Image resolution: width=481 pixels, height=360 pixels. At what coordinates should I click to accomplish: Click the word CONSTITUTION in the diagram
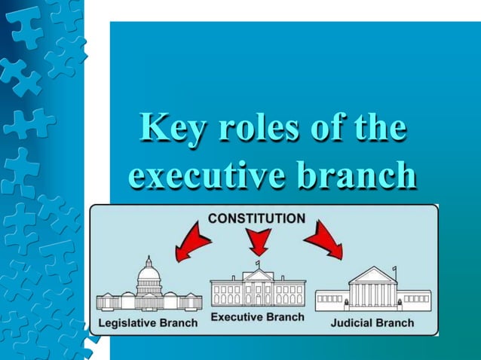[x=256, y=219]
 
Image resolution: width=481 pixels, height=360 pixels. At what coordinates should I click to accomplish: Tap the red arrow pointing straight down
[x=259, y=242]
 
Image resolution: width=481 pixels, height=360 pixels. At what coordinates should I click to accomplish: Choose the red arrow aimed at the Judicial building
[x=324, y=239]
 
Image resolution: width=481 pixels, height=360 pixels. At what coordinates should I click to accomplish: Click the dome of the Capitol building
[x=149, y=273]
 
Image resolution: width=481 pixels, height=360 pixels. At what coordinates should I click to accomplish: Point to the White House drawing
[x=258, y=287]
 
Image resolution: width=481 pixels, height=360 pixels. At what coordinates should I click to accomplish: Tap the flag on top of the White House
[x=258, y=264]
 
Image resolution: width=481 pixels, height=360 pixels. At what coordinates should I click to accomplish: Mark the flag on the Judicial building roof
[x=394, y=270]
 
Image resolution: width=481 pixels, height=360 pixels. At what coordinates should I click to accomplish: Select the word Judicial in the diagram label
[x=352, y=323]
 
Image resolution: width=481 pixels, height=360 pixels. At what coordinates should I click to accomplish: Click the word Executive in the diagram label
[x=238, y=317]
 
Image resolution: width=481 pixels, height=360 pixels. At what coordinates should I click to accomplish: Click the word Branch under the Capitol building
[x=179, y=323]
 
